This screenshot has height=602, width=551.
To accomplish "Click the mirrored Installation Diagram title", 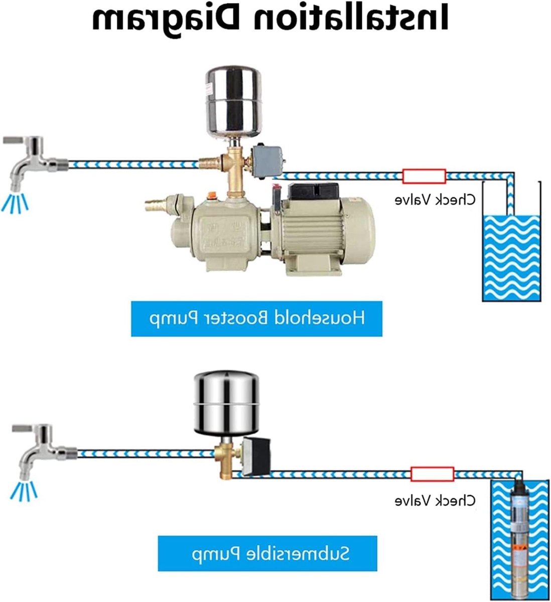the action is [269, 19].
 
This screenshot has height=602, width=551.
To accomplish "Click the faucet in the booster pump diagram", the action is [35, 163].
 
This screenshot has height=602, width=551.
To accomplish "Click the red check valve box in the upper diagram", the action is [424, 176].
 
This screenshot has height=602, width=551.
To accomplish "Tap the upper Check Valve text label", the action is [435, 199].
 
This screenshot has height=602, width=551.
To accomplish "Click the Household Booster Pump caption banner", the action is [257, 319].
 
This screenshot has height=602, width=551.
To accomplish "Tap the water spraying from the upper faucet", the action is [15, 203].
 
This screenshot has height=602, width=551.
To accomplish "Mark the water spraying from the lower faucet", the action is [24, 490].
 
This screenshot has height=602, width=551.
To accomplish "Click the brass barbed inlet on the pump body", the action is [155, 205].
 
